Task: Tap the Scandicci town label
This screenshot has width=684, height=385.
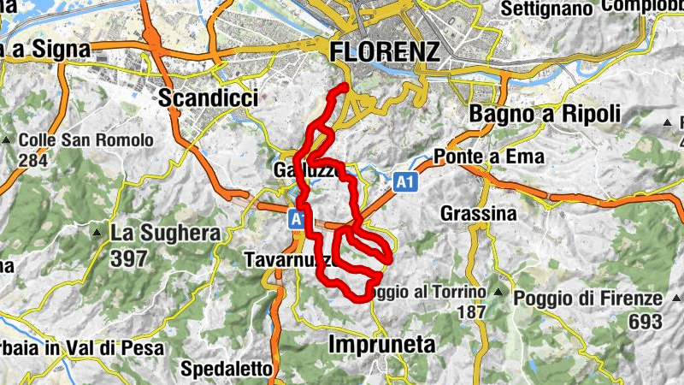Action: (208, 98)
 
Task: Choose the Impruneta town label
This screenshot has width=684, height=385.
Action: (381, 344)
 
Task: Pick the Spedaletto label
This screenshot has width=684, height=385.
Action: (227, 369)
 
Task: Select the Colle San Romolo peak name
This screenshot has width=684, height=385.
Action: (85, 139)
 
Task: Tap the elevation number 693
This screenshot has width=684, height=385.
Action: (644, 322)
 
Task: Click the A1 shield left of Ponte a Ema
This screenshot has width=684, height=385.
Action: (405, 182)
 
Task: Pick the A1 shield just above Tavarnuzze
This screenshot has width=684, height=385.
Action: (298, 219)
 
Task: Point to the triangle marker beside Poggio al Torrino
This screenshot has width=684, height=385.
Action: (498, 293)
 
